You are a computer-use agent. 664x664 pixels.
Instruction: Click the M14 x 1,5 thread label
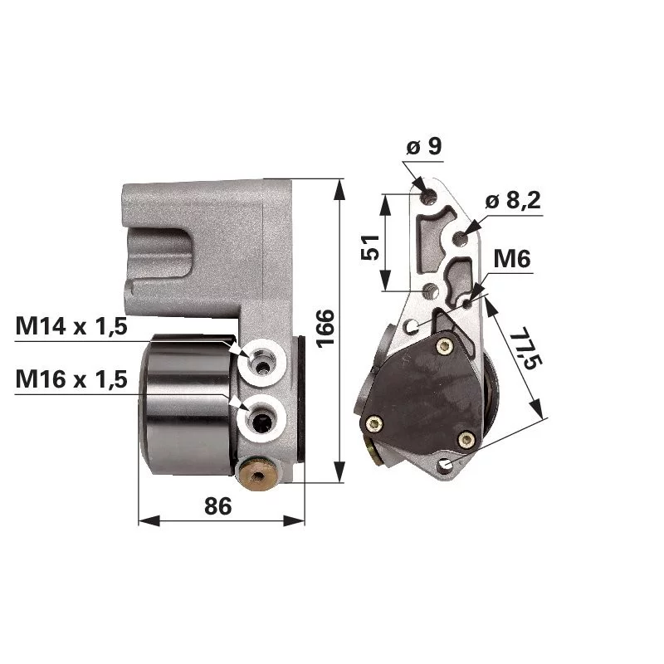click(71, 326)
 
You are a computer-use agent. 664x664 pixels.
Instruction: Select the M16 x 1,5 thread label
click(71, 379)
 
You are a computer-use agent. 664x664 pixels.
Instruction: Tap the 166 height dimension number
click(325, 329)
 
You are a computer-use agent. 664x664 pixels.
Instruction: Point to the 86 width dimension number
click(218, 505)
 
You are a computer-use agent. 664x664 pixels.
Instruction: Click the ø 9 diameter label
click(424, 147)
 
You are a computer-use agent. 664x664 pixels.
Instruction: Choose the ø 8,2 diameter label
click(513, 200)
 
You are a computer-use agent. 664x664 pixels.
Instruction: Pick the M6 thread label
click(512, 258)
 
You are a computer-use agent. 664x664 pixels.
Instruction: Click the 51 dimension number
click(370, 247)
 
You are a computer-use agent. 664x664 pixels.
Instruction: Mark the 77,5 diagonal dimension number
click(525, 348)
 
